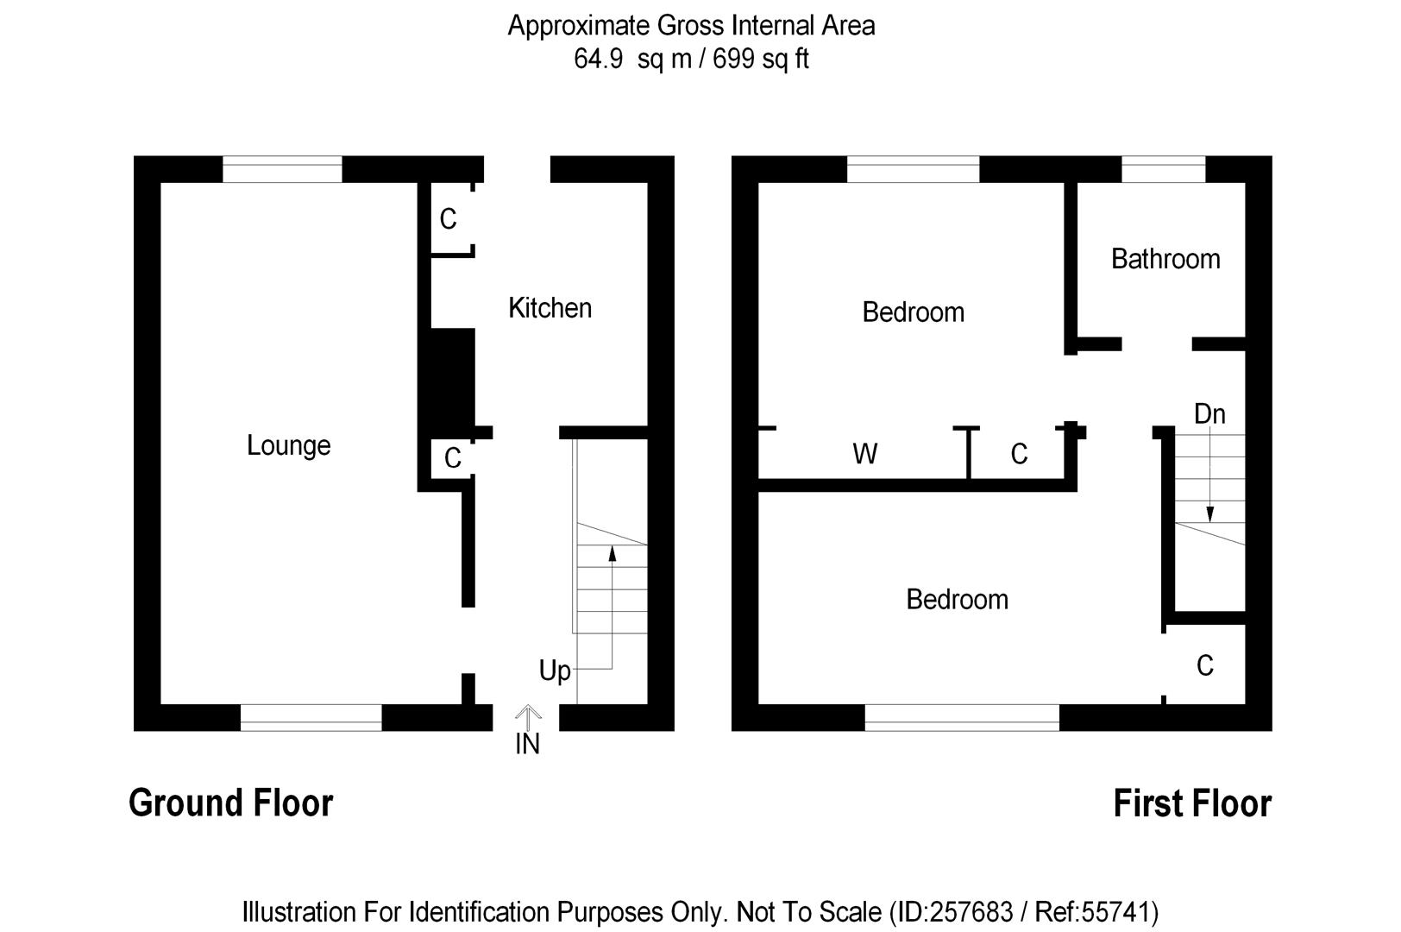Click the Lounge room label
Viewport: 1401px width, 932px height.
[288, 446]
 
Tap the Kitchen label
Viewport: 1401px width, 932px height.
[550, 308]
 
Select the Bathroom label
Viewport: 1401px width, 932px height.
[1165, 259]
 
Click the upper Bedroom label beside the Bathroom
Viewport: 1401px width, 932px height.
[913, 312]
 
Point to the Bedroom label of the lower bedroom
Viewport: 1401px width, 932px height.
[957, 600]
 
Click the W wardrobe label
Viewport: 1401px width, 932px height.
[865, 454]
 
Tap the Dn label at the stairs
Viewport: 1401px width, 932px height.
[1209, 414]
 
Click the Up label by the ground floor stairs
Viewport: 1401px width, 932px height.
[555, 671]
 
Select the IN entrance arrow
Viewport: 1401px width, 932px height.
[528, 717]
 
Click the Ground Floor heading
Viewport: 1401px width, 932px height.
[231, 803]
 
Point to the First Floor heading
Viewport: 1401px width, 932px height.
[1192, 803]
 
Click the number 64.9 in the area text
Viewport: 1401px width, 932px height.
[599, 60]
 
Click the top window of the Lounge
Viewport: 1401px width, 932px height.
[283, 169]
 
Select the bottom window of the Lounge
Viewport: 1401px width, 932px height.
[311, 717]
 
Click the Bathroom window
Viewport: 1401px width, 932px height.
[1163, 169]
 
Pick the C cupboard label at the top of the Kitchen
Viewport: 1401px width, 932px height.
[448, 219]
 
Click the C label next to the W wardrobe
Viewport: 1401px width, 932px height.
[1019, 454]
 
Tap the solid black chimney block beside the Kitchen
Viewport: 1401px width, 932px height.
[453, 378]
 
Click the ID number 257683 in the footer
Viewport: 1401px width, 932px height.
[971, 912]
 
